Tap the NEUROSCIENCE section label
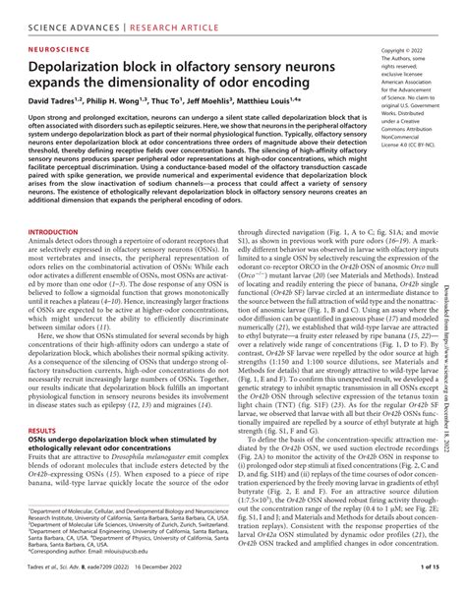(x=58, y=45)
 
